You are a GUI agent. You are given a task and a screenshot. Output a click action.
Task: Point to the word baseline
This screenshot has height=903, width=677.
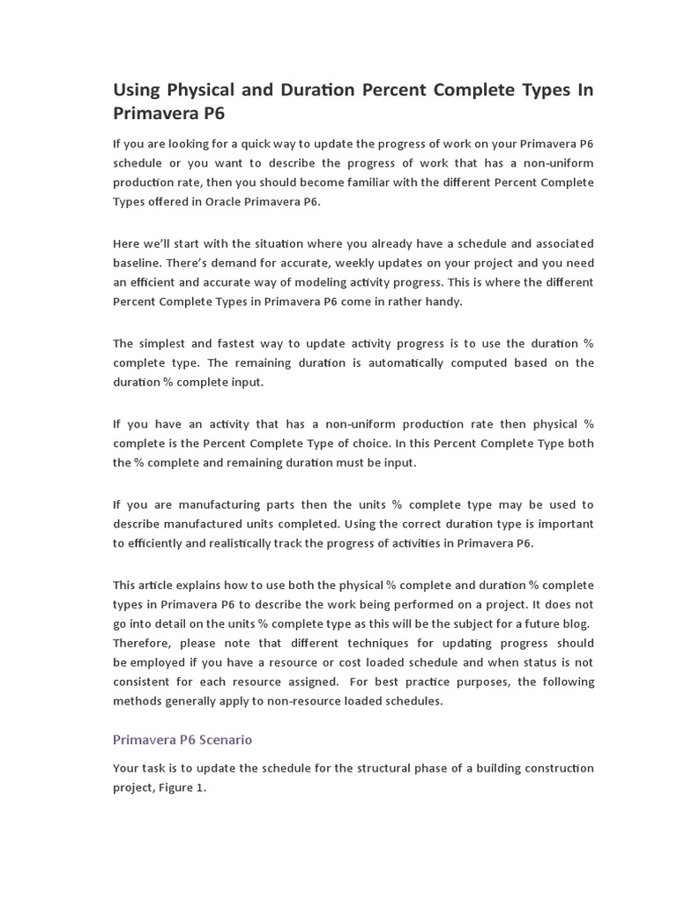pos(138,262)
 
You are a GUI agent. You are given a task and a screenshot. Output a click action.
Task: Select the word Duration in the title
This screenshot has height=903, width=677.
pos(303,90)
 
